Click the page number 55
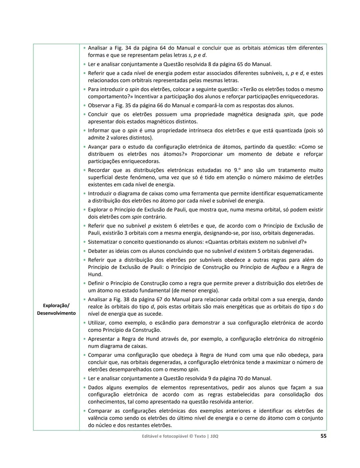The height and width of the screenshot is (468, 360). click(x=323, y=436)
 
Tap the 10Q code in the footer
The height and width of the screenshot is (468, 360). click(x=214, y=436)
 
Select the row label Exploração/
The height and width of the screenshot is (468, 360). click(x=56, y=306)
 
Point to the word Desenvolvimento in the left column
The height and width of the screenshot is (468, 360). click(x=56, y=313)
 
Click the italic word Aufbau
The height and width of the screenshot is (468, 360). click(x=280, y=267)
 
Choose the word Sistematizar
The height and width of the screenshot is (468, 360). click(x=103, y=242)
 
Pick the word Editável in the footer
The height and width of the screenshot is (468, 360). click(x=151, y=436)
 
